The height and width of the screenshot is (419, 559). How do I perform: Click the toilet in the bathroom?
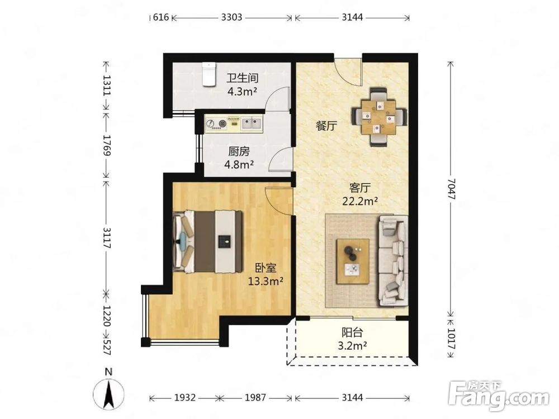coord(209,74)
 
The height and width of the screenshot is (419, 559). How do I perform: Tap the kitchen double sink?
coord(252,123)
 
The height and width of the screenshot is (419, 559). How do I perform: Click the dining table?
coord(378,117)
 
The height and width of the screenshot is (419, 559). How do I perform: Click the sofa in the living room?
coord(393,260)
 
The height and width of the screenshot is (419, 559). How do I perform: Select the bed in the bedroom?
coord(207,242)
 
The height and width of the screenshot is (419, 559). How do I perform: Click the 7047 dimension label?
coord(451,189)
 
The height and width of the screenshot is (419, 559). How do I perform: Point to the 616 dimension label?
coord(161,17)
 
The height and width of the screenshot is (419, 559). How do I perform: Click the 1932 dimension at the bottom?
coord(184,397)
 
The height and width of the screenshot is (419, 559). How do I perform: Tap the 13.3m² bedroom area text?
coord(266,282)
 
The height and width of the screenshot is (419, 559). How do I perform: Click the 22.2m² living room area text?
coord(360,201)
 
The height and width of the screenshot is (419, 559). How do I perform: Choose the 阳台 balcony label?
coord(352,332)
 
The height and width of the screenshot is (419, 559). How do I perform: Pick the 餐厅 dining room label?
coord(326,125)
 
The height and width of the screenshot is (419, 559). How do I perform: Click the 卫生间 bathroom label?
coord(243,78)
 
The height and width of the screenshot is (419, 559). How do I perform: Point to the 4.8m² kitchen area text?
coord(239,165)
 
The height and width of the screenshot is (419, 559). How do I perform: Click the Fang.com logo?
coord(499,396)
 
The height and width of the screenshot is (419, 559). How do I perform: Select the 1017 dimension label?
coord(451,339)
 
